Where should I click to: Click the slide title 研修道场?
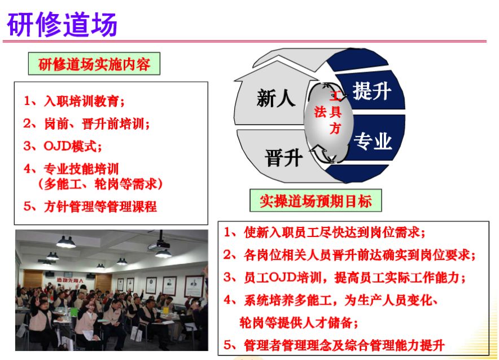(62, 25)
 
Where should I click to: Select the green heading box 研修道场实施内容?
(94, 64)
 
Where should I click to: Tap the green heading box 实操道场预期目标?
(316, 201)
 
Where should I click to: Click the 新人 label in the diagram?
(276, 98)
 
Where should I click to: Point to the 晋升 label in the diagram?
(283, 158)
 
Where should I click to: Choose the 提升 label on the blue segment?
(371, 91)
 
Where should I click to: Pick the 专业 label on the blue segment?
(373, 141)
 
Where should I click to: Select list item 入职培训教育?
(74, 101)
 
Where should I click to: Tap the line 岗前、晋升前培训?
(86, 124)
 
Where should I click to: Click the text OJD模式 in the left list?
(63, 146)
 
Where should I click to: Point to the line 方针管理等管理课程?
(90, 207)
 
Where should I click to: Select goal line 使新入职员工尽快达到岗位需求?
(325, 232)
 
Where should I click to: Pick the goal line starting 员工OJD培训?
(345, 278)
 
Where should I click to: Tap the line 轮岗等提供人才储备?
(299, 323)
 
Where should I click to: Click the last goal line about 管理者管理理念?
(334, 345)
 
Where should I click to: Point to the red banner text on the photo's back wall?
(70, 280)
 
